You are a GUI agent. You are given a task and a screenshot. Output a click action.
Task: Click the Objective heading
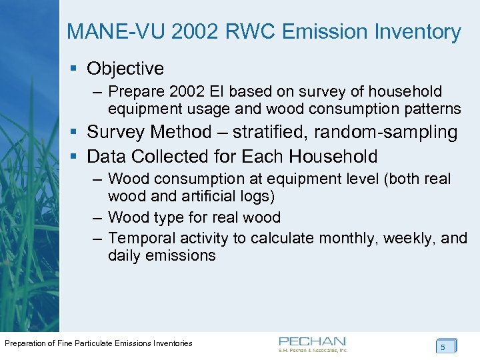(x=125, y=68)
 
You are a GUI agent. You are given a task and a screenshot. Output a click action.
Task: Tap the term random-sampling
(x=396, y=132)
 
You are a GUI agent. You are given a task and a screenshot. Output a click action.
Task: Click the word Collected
(x=165, y=157)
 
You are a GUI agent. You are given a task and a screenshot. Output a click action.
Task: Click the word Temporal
(x=137, y=237)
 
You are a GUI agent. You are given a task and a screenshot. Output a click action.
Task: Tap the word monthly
(x=345, y=237)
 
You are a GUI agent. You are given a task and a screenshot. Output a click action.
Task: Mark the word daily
(x=125, y=255)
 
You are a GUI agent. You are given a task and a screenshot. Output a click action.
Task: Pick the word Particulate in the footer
(x=88, y=343)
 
